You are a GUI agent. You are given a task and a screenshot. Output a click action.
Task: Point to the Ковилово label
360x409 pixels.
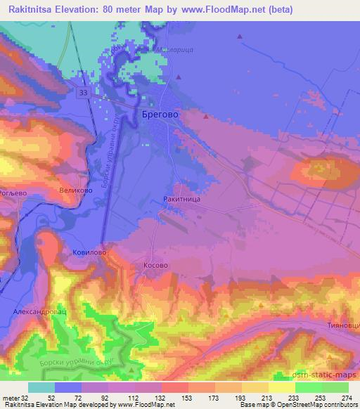click(89, 251)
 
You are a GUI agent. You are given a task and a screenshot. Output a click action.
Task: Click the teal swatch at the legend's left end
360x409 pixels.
click(41, 387)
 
